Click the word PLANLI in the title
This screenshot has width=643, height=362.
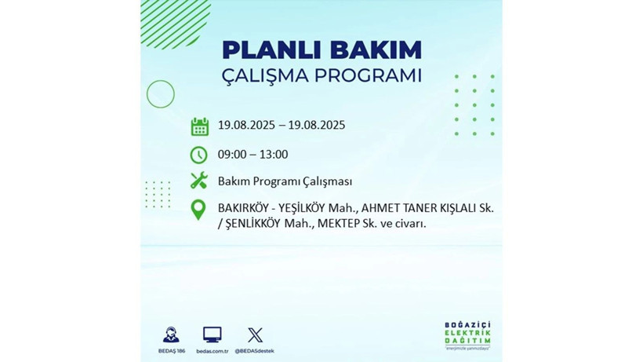[265, 49]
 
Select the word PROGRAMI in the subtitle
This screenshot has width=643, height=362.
[369, 76]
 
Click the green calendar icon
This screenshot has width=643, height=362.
[200, 126]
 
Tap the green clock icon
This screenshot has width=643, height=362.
[199, 155]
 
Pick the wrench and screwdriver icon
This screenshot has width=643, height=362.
[199, 181]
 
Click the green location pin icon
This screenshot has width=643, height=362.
[199, 210]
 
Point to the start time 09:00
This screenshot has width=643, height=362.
[233, 155]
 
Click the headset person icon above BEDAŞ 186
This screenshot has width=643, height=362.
[170, 335]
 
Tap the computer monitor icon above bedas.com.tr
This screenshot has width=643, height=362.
[212, 335]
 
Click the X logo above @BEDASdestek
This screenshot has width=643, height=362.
[255, 335]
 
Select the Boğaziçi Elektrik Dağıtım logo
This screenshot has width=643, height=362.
[467, 336]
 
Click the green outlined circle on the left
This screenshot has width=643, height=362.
[160, 94]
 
